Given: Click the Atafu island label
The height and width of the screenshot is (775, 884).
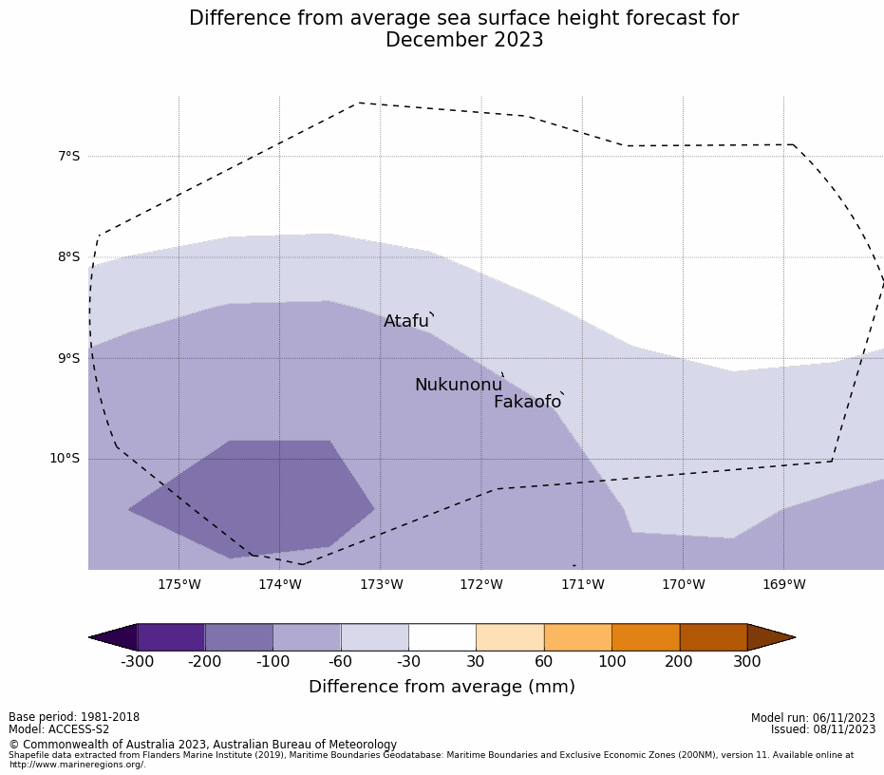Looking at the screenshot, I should [x=406, y=322].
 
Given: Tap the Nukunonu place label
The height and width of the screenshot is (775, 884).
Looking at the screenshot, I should [x=458, y=385].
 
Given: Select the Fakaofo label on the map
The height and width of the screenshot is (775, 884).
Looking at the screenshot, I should [x=527, y=403].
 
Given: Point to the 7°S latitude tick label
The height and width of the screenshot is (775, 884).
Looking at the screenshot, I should [x=69, y=156].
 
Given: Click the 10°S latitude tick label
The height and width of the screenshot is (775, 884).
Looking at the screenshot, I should [x=66, y=459].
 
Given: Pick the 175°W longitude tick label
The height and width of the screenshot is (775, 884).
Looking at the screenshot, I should [x=179, y=584].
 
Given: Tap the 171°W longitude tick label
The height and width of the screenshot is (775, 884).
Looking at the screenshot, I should [x=582, y=584].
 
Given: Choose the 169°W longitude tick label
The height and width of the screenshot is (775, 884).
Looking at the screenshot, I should [x=783, y=584].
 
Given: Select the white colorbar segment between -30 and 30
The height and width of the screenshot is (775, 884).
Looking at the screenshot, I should [x=442, y=637].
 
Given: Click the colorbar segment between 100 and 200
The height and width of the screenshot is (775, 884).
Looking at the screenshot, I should [x=646, y=637].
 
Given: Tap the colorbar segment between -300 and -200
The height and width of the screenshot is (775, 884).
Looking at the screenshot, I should [x=171, y=637].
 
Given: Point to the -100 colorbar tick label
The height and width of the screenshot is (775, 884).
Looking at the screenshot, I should [x=273, y=662].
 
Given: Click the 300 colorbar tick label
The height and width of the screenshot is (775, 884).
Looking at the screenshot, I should [x=746, y=662].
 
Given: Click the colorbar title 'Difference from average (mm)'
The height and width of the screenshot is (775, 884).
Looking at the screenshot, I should [x=442, y=687].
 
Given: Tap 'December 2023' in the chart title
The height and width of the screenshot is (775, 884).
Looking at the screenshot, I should [x=464, y=40].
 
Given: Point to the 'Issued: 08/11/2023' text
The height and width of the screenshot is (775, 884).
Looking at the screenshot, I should [x=823, y=729].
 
